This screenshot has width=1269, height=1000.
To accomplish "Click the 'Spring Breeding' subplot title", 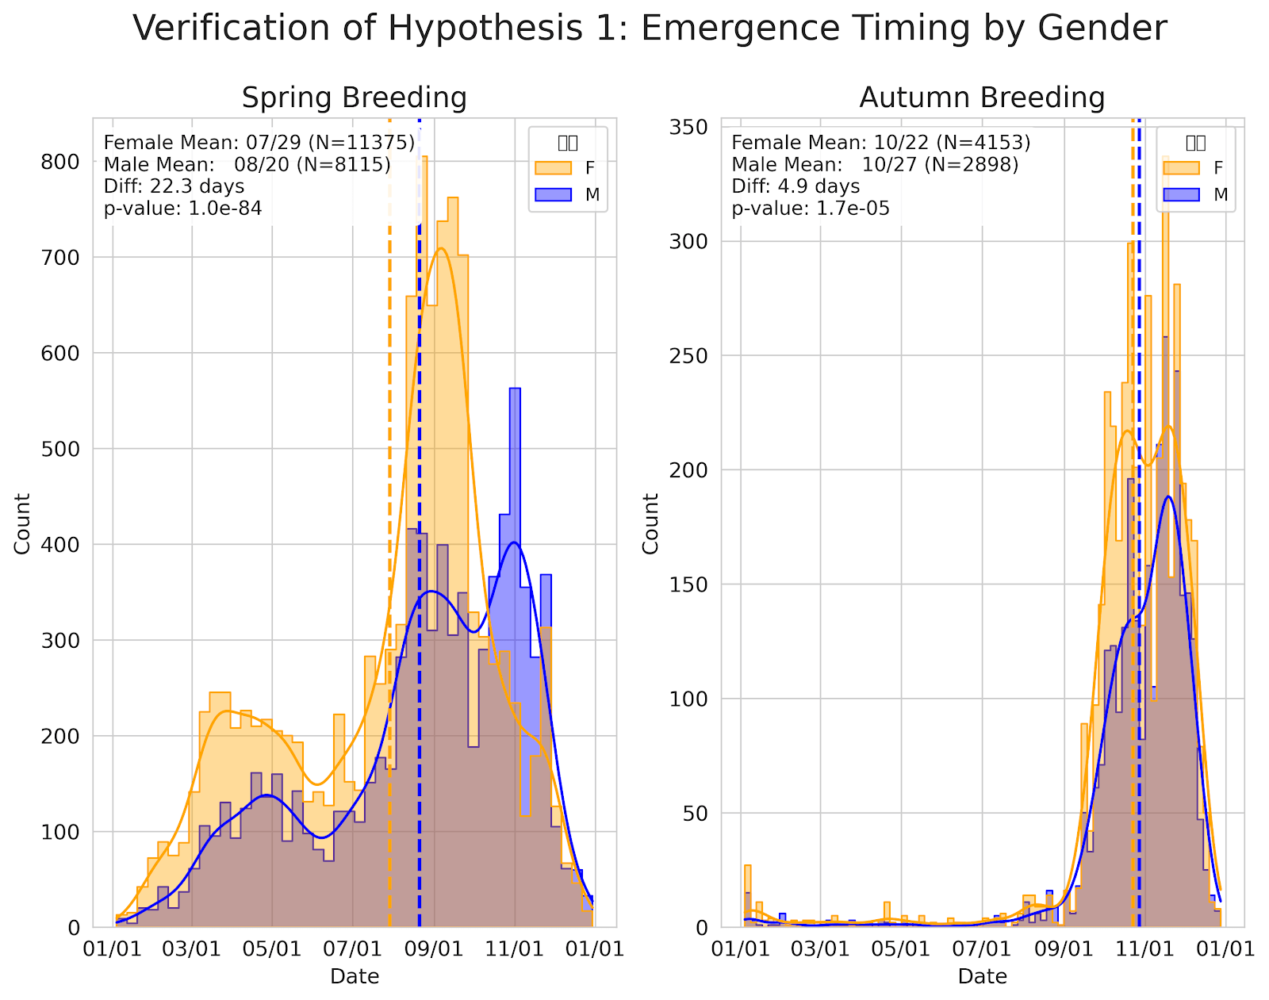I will [x=354, y=98].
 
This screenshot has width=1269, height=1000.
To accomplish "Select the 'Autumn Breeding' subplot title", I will [x=982, y=98].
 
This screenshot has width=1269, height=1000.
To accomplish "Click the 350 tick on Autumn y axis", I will [x=691, y=128].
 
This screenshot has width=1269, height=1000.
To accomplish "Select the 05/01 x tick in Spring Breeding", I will [x=273, y=948].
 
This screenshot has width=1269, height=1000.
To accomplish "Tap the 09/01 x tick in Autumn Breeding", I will [x=1063, y=948].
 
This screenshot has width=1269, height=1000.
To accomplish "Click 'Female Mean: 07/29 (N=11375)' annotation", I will [x=259, y=143].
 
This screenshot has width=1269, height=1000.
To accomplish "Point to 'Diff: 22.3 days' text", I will [x=174, y=186].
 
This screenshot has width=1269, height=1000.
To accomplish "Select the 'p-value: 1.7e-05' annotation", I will [x=810, y=209].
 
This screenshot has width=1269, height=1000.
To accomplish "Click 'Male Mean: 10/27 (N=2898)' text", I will [x=875, y=165].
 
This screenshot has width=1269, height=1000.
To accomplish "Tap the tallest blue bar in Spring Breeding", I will [x=515, y=476].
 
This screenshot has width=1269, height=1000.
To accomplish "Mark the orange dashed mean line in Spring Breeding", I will [x=389, y=555].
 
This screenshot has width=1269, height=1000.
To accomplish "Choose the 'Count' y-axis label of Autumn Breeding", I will [x=651, y=523].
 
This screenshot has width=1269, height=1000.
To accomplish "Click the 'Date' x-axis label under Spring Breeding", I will [x=355, y=976].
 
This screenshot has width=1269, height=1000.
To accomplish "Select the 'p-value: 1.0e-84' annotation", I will [x=182, y=209].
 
